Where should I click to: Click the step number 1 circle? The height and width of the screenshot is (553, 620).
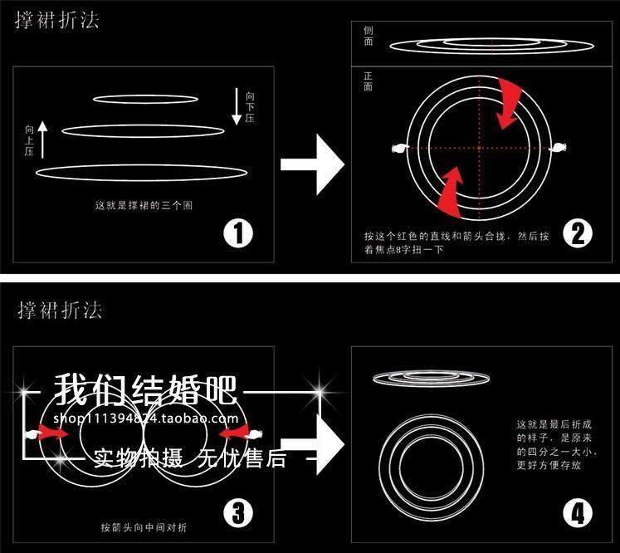point(238,232)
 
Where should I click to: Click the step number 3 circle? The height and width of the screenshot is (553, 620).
point(238,514)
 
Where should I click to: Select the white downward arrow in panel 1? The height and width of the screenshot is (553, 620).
point(237,105)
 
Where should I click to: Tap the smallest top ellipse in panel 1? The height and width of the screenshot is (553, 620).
point(145,99)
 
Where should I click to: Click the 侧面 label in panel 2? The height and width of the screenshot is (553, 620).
point(369,34)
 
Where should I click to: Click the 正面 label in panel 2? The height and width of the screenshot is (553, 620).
point(369,81)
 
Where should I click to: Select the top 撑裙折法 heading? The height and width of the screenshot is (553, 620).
point(57,21)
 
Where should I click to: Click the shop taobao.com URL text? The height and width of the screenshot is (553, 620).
point(146,418)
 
